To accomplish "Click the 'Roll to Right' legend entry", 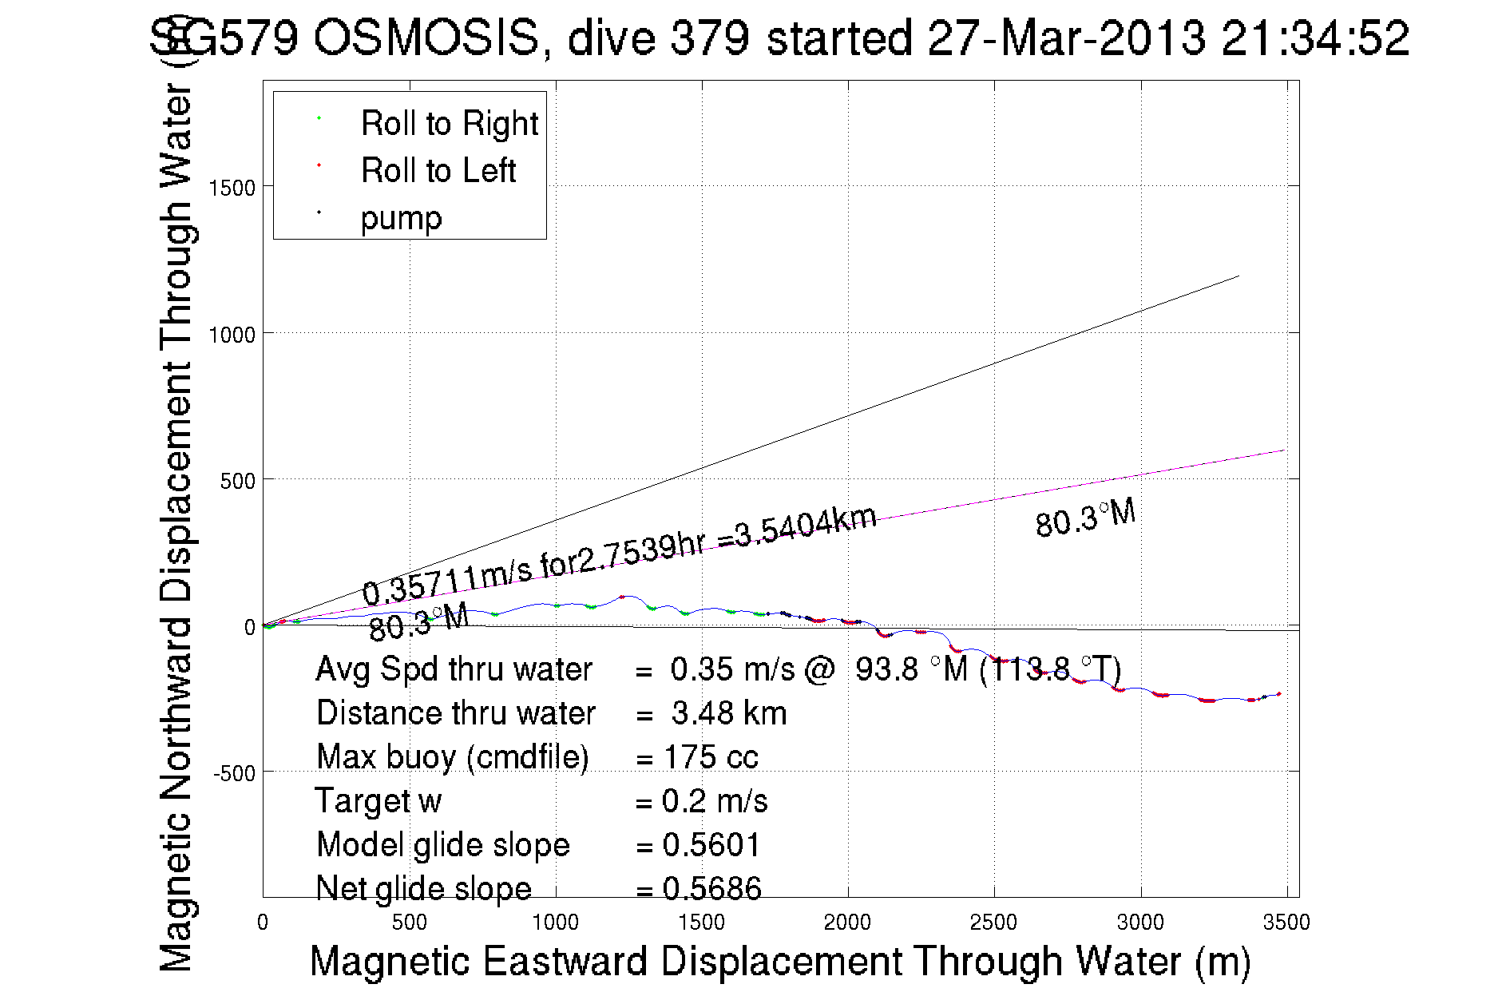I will pos(449,124).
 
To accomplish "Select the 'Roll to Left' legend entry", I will pos(438,171).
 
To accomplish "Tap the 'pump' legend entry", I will pos(401,218).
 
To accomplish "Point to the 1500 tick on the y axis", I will pos(232,189).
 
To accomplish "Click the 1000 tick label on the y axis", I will pos(232,335).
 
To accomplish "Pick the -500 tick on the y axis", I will pos(233,773).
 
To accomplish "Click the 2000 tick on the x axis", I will pos(847,923).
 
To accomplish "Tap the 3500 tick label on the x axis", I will pos(1286,923).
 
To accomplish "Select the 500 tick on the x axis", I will pos(409,923).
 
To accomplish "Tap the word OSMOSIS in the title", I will pos(426,38).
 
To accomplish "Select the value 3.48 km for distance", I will pos(728,713).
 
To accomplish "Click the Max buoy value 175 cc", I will pos(711,757).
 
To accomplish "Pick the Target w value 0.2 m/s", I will pos(714,801).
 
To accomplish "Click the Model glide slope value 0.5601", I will pos(711,845).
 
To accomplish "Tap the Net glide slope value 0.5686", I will pos(711,888).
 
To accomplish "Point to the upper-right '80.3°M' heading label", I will pos(1085,518).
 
